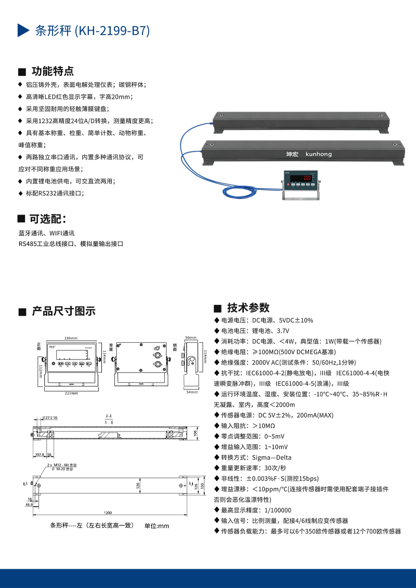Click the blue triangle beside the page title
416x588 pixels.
[23, 31]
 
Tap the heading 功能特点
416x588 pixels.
[53, 71]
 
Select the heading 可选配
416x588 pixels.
[47, 219]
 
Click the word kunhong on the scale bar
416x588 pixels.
[319, 154]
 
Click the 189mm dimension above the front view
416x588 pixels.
[71, 338]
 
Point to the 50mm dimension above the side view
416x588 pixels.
[190, 338]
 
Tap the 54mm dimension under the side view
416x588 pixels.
[191, 392]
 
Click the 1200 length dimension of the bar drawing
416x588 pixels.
[107, 513]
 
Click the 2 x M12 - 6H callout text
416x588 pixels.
[61, 464]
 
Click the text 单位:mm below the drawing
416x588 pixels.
[157, 526]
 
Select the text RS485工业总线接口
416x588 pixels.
[44, 243]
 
